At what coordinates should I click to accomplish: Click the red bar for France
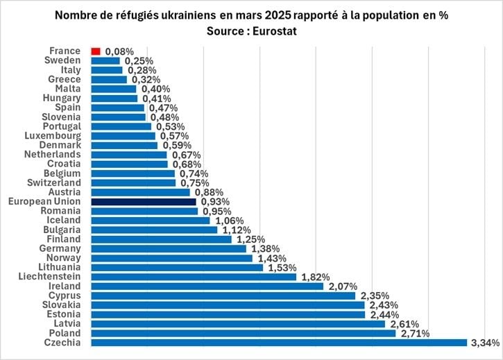pyautogui.click(x=96, y=51)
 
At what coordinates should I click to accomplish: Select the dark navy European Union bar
pyautogui.click(x=144, y=201)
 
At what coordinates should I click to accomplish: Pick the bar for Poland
pyautogui.click(x=243, y=333)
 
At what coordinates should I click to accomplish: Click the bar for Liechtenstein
pyautogui.click(x=194, y=277)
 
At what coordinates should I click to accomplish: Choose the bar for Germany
pyautogui.click(x=169, y=248)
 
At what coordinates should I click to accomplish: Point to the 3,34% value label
pyautogui.click(x=485, y=342)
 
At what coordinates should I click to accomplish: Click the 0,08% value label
pyautogui.click(x=119, y=51)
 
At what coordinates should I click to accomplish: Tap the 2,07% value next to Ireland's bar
pyautogui.click(x=341, y=286)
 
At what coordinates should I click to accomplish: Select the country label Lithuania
pyautogui.click(x=60, y=267)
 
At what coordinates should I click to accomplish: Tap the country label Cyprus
pyautogui.click(x=66, y=295)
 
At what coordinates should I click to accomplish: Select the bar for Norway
pyautogui.click(x=171, y=258)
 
